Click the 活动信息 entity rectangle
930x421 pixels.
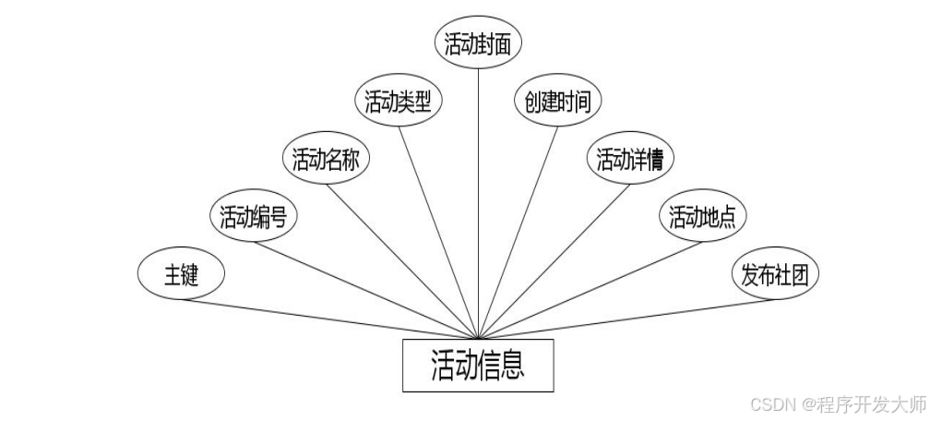[x=478, y=366]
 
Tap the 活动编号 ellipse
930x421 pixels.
[x=252, y=217]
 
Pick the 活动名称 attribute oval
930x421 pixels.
[x=325, y=160]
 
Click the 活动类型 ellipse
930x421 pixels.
[x=399, y=102]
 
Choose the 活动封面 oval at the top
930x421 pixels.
[x=477, y=45]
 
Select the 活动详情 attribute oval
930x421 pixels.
[x=630, y=160]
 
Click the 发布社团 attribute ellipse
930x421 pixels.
[x=775, y=275]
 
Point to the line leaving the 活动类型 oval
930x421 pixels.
[x=438, y=231]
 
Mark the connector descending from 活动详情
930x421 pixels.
[x=551, y=259]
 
